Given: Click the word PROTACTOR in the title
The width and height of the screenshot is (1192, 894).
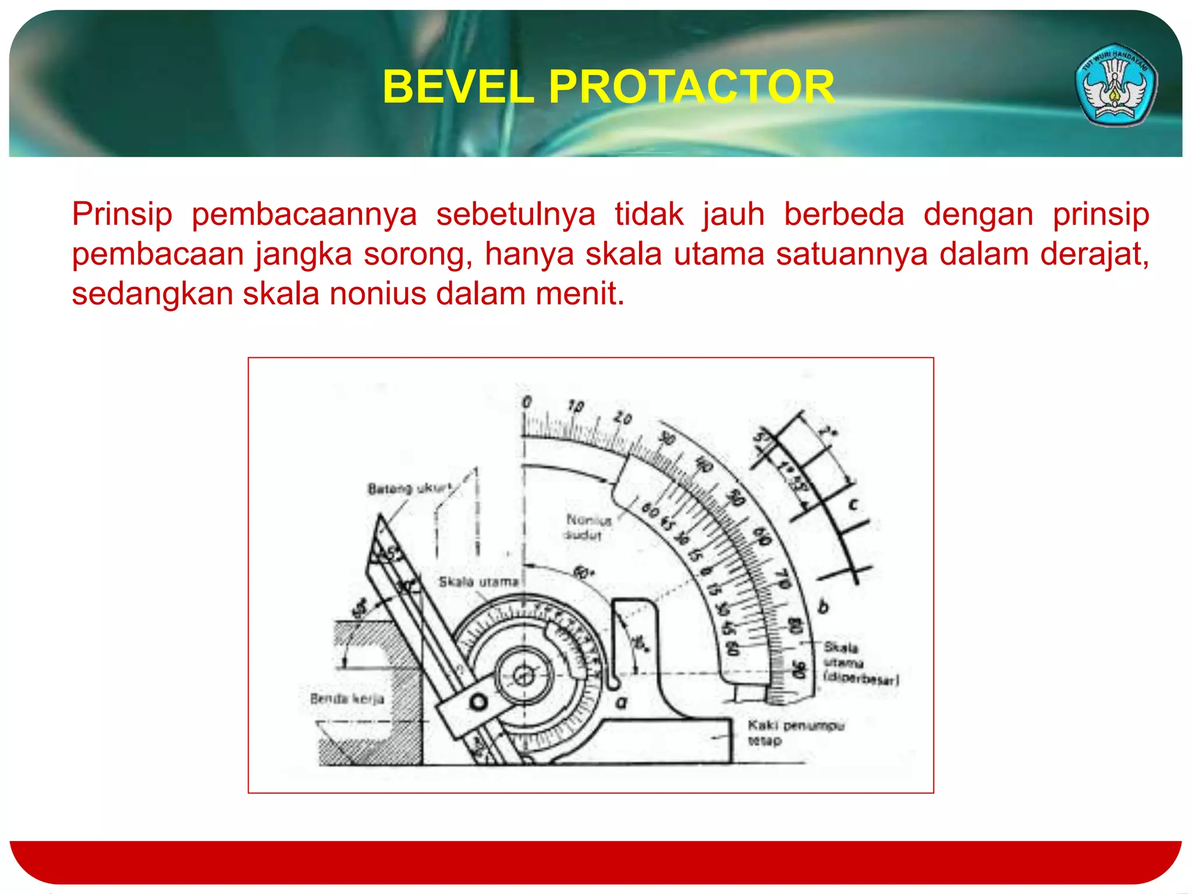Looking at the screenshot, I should pos(691,87).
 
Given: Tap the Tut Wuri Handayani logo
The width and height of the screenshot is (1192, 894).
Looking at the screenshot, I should pos(1116,85).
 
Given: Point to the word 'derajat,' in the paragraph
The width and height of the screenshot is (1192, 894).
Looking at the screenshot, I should pos(1094,254).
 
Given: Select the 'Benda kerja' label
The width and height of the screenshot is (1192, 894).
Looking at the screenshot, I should pos(347,698).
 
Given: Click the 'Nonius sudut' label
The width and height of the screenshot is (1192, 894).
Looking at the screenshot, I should pos(588,527).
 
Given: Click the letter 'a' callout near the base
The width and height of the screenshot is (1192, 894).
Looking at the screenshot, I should pos(622,703).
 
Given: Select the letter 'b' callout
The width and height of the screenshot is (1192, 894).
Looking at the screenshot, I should pos(823,607).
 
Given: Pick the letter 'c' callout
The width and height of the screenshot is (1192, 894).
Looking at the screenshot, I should pos(853,504).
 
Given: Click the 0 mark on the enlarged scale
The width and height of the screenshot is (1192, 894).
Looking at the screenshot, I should pos(527,402).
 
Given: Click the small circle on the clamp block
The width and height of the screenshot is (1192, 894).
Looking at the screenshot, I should pos(478,702).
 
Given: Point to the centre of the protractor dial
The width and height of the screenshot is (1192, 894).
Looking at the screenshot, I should pos(523,676).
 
